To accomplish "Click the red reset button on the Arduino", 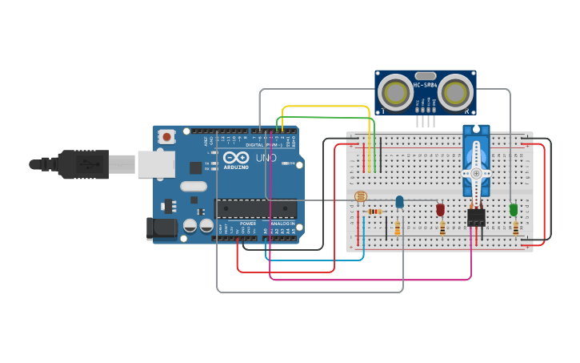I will tap(166, 137).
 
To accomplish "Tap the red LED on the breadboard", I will tap(440, 209).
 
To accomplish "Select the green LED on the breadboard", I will tap(513, 209).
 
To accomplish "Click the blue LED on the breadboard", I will tap(399, 202).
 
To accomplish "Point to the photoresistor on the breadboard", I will tap(360, 196).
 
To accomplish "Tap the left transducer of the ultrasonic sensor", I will tap(396, 93).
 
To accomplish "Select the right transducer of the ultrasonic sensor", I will tap(454, 93).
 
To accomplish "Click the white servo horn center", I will tap(476, 172).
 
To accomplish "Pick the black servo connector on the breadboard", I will tap(476, 217).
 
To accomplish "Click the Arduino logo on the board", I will tap(236, 157).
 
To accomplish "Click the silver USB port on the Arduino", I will tap(155, 164).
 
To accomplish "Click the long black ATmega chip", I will tap(255, 208).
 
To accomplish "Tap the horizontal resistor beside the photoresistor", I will tap(374, 212).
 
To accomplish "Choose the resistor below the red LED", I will tap(442, 228).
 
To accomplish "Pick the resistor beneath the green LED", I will tap(514, 228).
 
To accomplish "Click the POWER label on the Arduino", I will tap(248, 224).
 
